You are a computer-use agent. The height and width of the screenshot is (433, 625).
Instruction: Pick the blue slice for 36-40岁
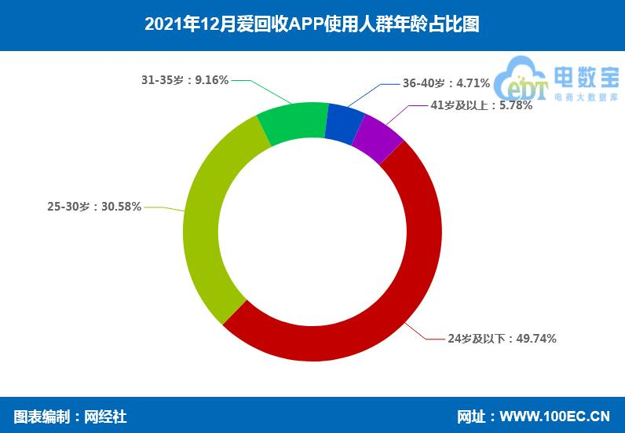(x=344, y=122)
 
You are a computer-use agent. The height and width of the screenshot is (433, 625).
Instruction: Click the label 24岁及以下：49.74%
(x=502, y=339)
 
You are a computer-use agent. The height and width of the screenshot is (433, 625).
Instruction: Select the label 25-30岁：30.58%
(x=94, y=207)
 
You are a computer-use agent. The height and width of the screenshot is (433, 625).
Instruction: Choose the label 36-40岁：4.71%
(x=446, y=83)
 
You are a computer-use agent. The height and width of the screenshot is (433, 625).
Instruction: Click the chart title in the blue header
(x=312, y=24)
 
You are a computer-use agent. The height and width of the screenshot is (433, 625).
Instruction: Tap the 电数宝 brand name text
(x=586, y=77)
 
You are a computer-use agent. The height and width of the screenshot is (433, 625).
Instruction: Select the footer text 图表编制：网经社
(x=70, y=416)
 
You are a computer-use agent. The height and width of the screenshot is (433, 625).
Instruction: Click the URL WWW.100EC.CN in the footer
(x=555, y=416)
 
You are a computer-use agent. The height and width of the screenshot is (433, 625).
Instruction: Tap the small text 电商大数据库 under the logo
(x=586, y=97)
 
